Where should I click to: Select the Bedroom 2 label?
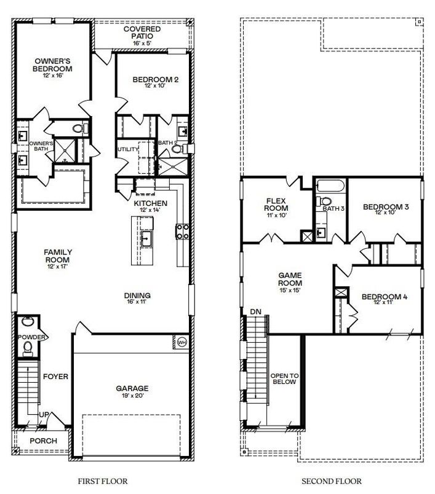(x=154, y=80)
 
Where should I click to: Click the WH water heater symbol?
(x=182, y=342)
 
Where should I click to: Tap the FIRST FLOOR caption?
(x=103, y=482)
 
